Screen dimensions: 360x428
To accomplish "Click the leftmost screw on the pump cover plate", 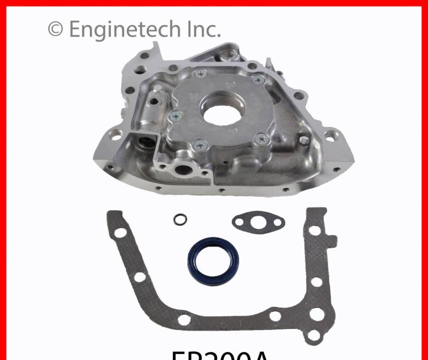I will click(x=175, y=114).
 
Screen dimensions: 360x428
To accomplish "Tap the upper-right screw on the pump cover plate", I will click(x=257, y=80).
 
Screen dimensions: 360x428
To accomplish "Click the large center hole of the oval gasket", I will click(x=258, y=221).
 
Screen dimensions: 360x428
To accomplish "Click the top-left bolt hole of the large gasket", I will click(x=120, y=233).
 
